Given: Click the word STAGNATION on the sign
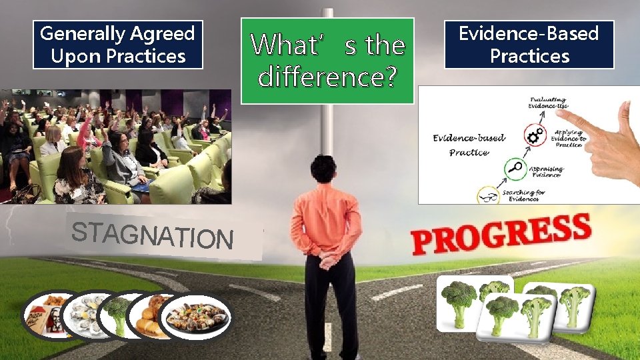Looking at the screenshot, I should pos(152,235).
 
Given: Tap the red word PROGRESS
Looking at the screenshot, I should pos(501,234).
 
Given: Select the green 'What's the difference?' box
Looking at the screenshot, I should pos(327,61).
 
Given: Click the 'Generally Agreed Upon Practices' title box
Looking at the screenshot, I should pos(118,45).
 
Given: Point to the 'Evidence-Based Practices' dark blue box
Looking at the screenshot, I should pos(529,45).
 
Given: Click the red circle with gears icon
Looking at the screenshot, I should pos(533,137).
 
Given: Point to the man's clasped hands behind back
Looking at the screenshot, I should pos(326,257).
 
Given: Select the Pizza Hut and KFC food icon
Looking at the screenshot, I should pos(48,315).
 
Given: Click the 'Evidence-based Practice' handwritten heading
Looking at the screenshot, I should pos(469,145).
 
